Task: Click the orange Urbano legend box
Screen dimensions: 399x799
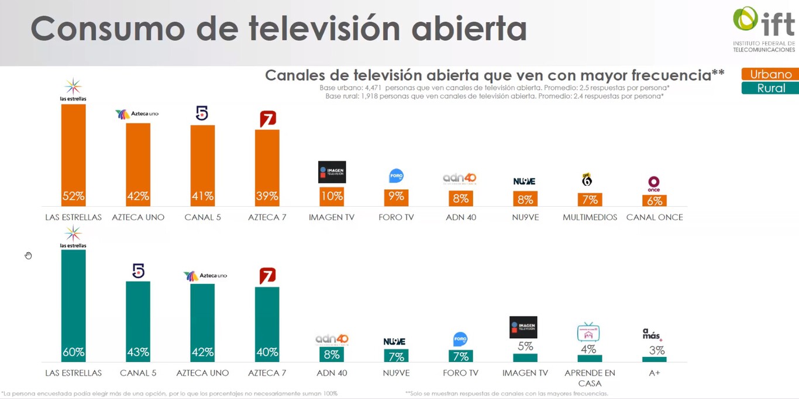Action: (x=770, y=74)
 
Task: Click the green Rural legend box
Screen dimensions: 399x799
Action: (x=770, y=88)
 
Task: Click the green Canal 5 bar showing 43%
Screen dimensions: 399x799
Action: (x=138, y=321)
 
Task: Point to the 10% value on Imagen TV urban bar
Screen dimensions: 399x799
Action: (x=332, y=196)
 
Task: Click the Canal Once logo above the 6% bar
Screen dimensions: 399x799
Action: (x=654, y=183)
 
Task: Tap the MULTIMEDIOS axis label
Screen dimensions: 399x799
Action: (x=590, y=217)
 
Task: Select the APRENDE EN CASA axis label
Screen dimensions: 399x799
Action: (x=590, y=378)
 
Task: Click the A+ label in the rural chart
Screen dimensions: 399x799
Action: (x=654, y=373)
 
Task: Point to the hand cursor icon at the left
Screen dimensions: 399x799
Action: (x=28, y=255)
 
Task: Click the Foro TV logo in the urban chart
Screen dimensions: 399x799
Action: (x=396, y=176)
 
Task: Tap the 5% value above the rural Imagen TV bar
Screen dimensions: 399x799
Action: (x=525, y=346)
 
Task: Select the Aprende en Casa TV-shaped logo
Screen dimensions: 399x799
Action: (x=588, y=332)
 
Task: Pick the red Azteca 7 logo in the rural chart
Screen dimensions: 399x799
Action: (x=267, y=276)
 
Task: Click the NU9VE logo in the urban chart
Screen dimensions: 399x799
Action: (x=525, y=182)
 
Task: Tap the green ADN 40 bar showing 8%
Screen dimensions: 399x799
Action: (x=332, y=354)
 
